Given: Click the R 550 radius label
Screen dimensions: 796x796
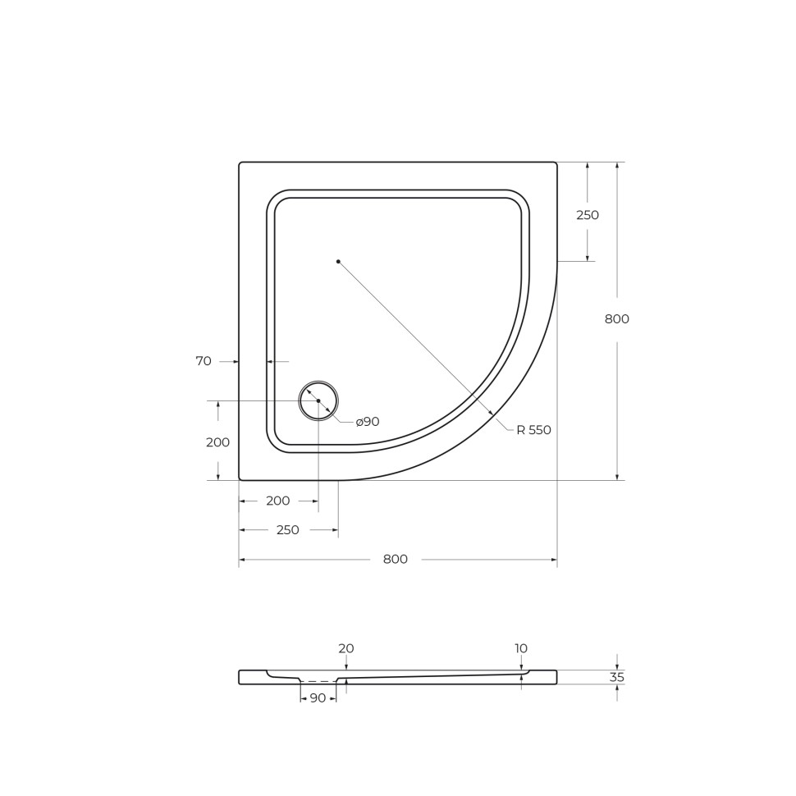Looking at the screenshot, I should tap(533, 430).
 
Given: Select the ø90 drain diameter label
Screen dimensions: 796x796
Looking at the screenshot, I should tap(367, 422).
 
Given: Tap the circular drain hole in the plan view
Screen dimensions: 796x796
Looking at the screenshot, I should tap(318, 400).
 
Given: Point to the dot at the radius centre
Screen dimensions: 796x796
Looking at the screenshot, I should tap(338, 262).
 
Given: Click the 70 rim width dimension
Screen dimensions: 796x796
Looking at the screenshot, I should tap(204, 361).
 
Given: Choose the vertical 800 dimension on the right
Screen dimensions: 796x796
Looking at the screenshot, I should tap(616, 319).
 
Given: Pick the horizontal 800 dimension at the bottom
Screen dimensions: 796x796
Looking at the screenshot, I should tap(395, 560).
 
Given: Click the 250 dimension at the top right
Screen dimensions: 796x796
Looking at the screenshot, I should tap(587, 215).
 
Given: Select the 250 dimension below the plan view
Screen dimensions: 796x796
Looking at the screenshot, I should tap(287, 530).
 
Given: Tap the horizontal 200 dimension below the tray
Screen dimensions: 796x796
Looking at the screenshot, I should tap(278, 501).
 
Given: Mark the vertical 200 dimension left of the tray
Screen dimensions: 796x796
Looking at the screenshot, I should tap(217, 442).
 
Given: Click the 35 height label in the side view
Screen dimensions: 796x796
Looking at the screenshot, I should tap(616, 678).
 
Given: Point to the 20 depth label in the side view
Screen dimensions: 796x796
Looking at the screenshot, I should tap(346, 648).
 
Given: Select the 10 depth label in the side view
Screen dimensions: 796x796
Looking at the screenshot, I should tap(521, 648).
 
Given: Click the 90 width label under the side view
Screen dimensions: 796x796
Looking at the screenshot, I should tap(318, 698).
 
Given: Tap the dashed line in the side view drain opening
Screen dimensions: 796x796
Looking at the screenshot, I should tap(318, 681).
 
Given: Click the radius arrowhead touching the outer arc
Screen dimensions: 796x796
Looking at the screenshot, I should tap(491, 413).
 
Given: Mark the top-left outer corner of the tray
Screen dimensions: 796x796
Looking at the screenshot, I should tap(240, 163).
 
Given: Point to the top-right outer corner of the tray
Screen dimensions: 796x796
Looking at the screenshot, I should tap(556, 163).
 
